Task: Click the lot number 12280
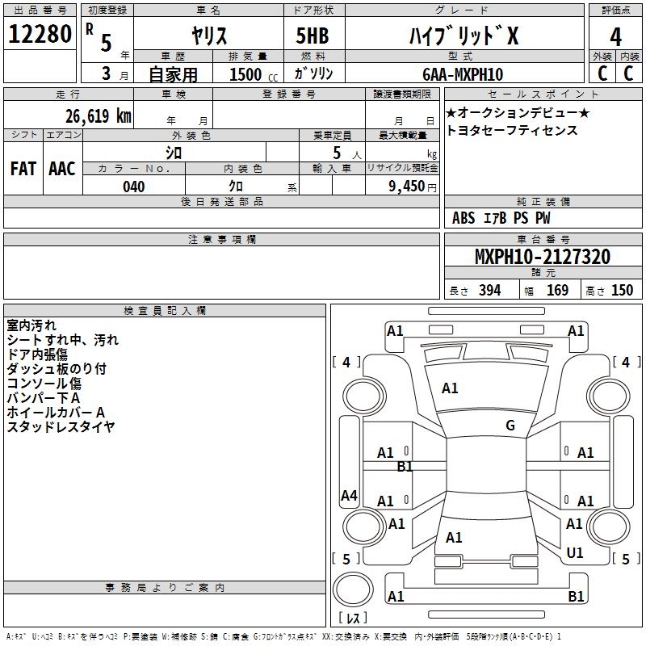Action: click(x=40, y=33)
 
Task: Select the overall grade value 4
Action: click(x=615, y=37)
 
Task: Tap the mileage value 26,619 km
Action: click(x=99, y=115)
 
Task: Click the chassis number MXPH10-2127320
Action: click(x=543, y=256)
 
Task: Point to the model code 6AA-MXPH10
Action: click(x=463, y=74)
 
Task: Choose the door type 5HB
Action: click(x=313, y=36)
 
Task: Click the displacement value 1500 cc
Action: click(x=254, y=74)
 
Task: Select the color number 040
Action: click(x=134, y=187)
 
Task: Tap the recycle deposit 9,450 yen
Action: click(x=413, y=187)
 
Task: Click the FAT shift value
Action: click(x=23, y=169)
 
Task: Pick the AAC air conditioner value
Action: click(x=62, y=169)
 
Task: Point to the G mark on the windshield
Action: click(x=510, y=426)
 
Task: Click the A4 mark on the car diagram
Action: click(x=349, y=495)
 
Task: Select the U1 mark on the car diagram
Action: click(x=575, y=552)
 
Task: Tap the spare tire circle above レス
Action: click(x=353, y=589)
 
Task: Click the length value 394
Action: click(x=490, y=290)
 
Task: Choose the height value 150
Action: click(x=622, y=290)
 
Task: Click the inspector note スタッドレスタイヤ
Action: click(x=61, y=427)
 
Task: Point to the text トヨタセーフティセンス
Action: click(x=512, y=130)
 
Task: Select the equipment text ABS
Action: click(x=464, y=218)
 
